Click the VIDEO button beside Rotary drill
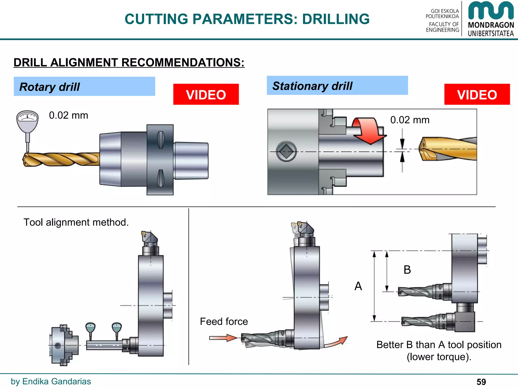pos(206,94)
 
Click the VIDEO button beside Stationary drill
pos(477,94)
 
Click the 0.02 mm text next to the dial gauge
pos(69,115)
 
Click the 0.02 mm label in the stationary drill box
pos(410,120)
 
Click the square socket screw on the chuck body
pos(286,151)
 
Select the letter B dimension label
pos(407,270)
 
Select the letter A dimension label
pos(358,286)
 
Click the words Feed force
pos(224,322)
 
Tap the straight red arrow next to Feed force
pos(223,338)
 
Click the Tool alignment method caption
pos(76,222)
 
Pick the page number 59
pos(481,382)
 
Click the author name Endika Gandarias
pos(56,381)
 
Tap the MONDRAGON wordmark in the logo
pos(491,25)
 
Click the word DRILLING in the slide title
pos(336,19)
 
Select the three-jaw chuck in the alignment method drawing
pos(63,345)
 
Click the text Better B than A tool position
pos(439,345)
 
